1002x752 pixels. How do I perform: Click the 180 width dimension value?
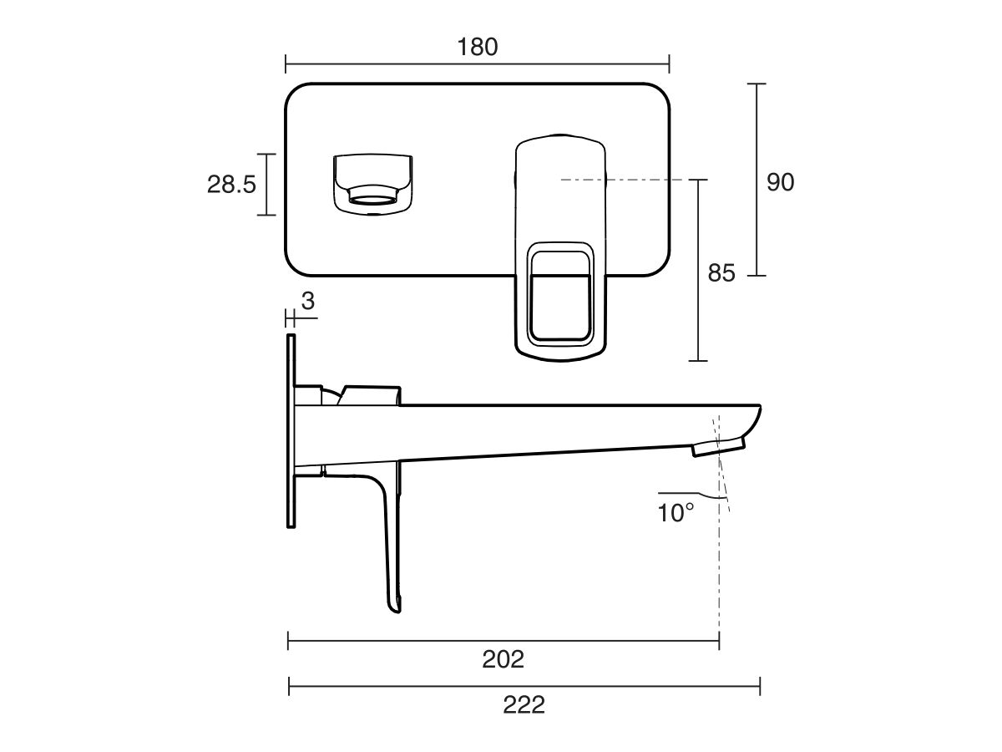[477, 47]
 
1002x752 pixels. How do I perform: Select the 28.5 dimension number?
[231, 185]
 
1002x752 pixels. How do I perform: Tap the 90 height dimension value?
[780, 182]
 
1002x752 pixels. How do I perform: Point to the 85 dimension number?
[721, 273]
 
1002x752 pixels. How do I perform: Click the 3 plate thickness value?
[308, 302]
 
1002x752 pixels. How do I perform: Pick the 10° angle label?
[676, 513]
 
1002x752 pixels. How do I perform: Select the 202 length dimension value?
[503, 659]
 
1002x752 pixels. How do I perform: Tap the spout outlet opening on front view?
[372, 198]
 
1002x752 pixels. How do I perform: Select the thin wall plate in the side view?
[291, 430]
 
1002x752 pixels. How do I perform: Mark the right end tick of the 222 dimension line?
[759, 686]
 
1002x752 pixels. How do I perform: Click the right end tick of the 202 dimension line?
[719, 641]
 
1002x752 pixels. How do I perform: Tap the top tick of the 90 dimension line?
[757, 84]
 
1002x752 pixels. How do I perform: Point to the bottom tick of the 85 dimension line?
[698, 360]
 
